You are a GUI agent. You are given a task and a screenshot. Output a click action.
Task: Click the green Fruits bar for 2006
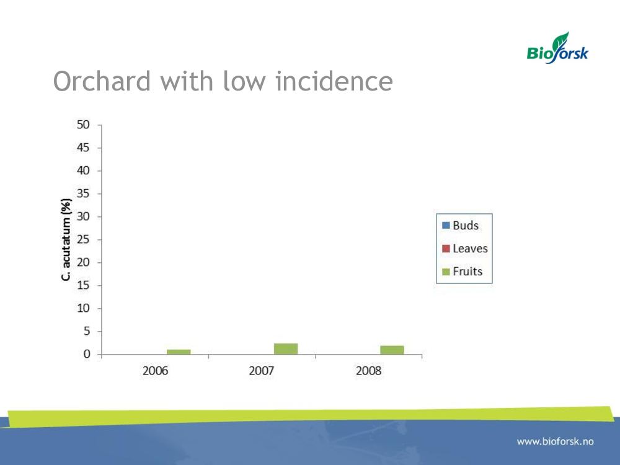point(179,352)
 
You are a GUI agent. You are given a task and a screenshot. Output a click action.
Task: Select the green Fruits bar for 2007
point(285,348)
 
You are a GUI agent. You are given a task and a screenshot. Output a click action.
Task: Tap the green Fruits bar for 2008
point(392,350)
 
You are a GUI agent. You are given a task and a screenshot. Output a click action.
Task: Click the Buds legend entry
point(460,226)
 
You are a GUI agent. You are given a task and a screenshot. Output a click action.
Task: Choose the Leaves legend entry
point(464,249)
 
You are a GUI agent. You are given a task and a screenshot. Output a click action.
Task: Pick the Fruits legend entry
point(463,272)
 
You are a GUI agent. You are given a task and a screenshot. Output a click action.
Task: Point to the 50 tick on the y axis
point(83,125)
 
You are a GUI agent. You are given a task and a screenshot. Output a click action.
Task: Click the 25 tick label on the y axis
point(83,239)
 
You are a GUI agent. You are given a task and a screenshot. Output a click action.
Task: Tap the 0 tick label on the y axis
point(87,354)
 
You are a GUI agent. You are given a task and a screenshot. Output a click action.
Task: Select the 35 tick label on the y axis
point(83,193)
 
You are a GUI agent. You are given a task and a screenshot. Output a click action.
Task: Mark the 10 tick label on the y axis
point(83,308)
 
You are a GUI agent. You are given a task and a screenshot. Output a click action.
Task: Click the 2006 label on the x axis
point(155,371)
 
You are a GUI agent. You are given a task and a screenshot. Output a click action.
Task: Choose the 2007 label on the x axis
point(262,371)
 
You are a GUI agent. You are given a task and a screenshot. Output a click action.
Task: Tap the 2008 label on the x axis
point(368,371)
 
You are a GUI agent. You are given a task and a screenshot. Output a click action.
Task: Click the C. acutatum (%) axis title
point(66,239)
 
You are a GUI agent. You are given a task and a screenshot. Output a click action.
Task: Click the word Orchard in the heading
point(102,81)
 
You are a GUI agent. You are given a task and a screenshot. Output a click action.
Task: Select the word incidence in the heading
point(334,81)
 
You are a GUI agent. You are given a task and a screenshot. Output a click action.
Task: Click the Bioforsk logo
point(557,48)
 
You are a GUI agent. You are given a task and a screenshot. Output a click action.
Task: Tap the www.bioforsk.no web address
point(555,441)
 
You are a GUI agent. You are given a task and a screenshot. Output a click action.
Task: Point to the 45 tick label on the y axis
point(83,148)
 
